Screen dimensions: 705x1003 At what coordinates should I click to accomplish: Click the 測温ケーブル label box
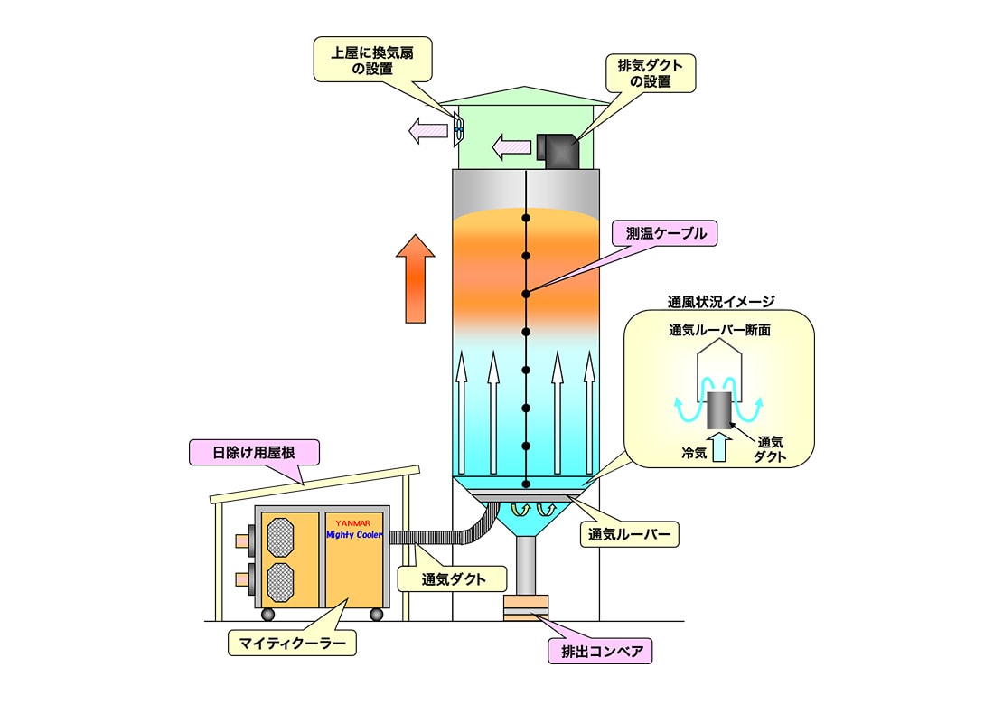pos(664,233)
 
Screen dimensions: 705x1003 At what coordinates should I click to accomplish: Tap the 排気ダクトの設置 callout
pos(651,72)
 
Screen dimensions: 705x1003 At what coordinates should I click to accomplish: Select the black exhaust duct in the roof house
pos(558,148)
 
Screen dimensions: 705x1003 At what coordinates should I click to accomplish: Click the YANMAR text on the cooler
pos(355,522)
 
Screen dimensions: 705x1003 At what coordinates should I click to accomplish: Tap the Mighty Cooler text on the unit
pos(355,535)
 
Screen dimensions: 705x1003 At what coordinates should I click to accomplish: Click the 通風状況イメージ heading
pos(721,302)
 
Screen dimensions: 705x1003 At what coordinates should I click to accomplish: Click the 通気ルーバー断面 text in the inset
pos(719,331)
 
